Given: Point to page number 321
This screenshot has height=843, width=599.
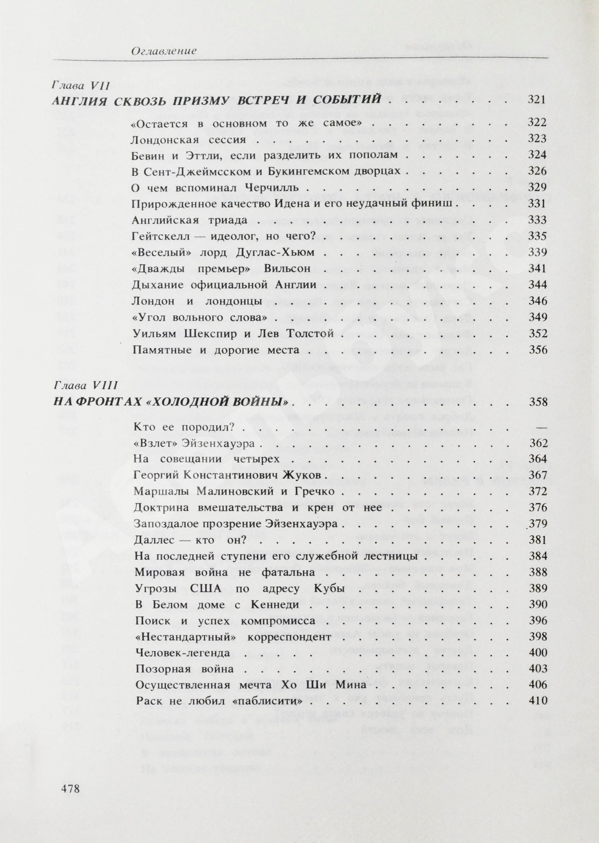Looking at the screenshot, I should tap(536, 100).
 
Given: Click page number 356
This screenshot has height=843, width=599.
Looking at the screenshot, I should tap(538, 349).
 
